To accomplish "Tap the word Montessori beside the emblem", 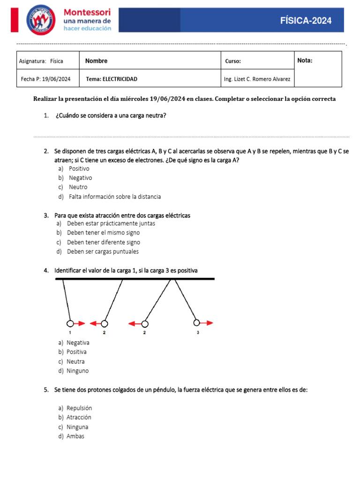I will click(87, 12).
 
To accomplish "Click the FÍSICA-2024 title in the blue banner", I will click(306, 20).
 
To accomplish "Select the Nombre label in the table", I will click(96, 61).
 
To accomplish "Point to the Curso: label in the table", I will click(233, 61).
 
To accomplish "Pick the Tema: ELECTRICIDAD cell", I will click(112, 79).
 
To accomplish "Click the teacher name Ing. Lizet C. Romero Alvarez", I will click(257, 79).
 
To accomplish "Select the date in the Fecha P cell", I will click(56, 79).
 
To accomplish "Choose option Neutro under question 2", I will click(78, 187).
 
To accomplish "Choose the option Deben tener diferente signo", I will click(103, 242).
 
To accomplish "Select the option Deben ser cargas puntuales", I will click(103, 252).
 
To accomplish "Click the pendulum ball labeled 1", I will click(70, 323).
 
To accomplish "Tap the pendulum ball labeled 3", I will click(197, 322).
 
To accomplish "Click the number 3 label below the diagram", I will click(198, 333).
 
